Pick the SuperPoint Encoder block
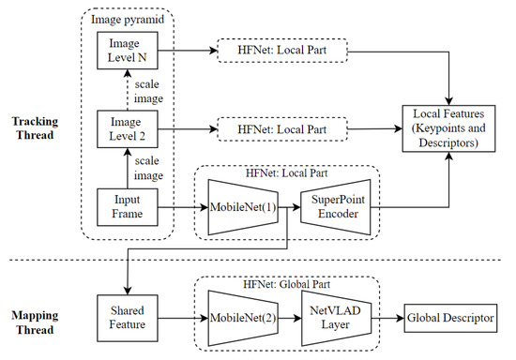334,205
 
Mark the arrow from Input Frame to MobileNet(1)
181,205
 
